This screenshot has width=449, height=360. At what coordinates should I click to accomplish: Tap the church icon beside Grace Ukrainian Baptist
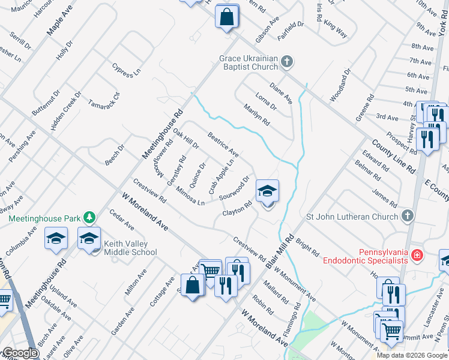[287, 61]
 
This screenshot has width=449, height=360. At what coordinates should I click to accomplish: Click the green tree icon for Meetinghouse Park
[89, 217]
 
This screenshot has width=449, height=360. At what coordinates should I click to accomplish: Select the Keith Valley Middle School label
[130, 248]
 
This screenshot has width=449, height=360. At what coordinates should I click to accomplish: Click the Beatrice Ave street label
[223, 145]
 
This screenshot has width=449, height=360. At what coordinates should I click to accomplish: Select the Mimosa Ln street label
[190, 196]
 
